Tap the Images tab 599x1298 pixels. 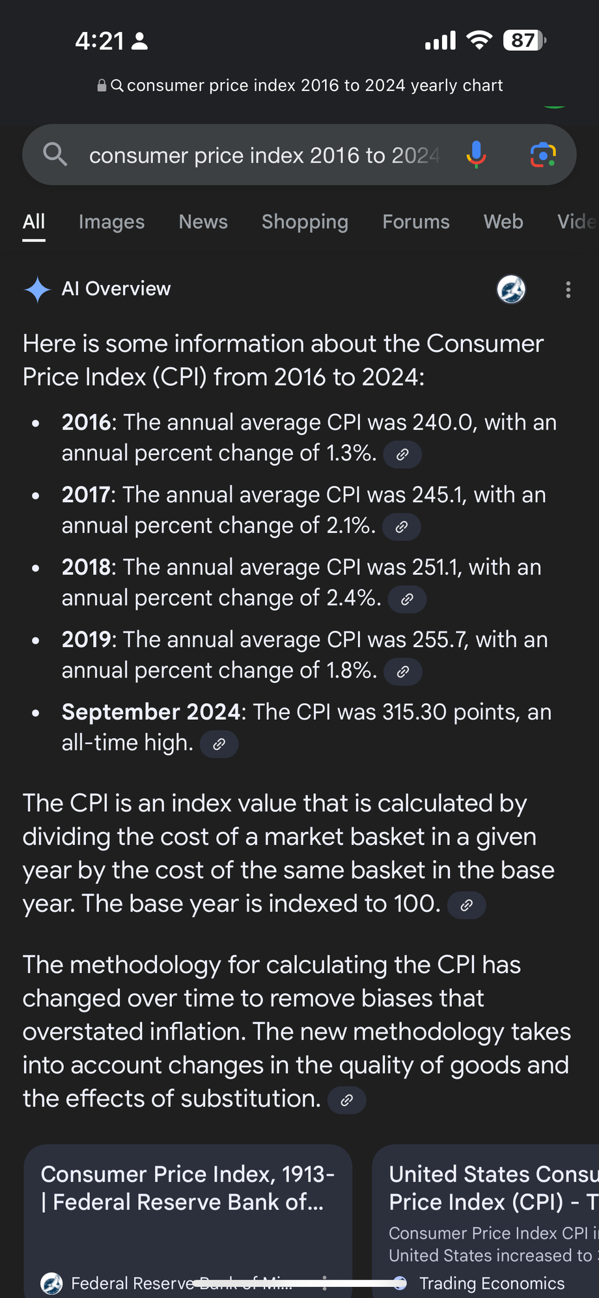coord(111,222)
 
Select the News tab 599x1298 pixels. coord(203,222)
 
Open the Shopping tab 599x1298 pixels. coord(305,222)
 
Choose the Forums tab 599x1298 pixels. coord(416,222)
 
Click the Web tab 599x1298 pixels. coord(503,222)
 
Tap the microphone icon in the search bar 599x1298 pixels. coord(476,155)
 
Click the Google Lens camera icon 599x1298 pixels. coord(543,155)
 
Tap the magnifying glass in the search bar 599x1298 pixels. coord(55,154)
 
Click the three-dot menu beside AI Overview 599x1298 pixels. coord(568,290)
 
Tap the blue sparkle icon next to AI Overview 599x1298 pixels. coord(37,290)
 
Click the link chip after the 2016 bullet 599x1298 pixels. coord(402,454)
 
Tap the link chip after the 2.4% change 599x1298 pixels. coord(407,599)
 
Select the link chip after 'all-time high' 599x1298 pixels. coord(219,744)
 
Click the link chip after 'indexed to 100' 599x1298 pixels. coord(466,905)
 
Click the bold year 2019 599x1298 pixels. coord(87,640)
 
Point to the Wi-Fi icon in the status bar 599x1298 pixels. coord(479,40)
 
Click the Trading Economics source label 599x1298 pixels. coord(492,1283)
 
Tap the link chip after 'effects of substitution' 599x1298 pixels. coord(346,1100)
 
